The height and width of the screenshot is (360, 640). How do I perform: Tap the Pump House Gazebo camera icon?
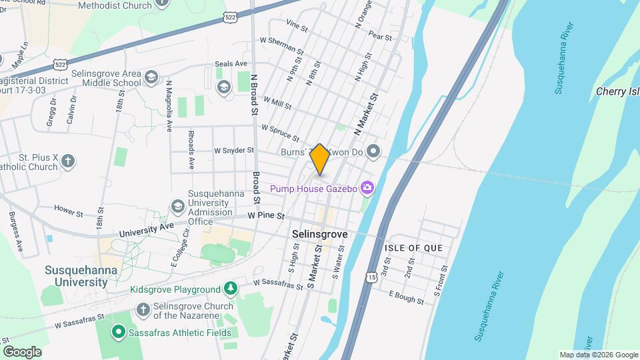coord(366,189)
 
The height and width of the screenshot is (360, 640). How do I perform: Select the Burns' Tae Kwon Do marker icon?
coord(373,151)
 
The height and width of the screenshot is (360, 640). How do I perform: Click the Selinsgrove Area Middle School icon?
coord(151,77)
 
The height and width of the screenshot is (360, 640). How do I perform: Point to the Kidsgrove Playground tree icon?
coord(230,289)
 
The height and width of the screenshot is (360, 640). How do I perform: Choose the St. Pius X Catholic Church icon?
coord(68,160)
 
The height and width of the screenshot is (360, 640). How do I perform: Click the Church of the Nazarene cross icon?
coord(142,309)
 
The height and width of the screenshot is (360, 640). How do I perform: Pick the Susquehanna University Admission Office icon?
coord(177,206)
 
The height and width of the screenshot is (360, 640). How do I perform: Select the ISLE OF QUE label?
coord(413,248)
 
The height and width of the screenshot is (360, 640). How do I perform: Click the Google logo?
coord(22,351)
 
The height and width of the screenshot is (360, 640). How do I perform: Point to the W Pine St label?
coord(266,216)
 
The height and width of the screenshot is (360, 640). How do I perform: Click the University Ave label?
coord(147,230)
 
